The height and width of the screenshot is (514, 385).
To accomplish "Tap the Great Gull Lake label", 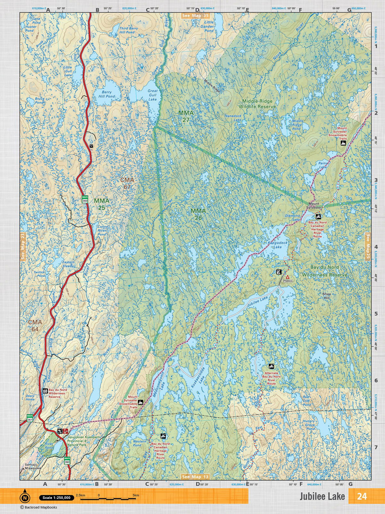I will pos(153,95).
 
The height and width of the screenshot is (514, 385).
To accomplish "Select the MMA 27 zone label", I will pos(186,116).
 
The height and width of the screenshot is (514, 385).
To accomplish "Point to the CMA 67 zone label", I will pos(127,183).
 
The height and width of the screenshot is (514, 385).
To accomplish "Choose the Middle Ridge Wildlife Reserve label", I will pos(257,103).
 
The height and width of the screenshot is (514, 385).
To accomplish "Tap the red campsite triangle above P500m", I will pos(287,277).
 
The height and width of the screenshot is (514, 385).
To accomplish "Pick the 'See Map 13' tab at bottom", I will pos(195,477).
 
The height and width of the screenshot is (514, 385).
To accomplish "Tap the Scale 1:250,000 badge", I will pos(56,498).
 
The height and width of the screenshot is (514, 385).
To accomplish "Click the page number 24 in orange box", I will pos(362,496).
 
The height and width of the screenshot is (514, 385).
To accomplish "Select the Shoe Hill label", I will pos(326,296).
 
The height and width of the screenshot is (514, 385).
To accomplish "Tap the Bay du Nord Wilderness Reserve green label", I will pos(324,271).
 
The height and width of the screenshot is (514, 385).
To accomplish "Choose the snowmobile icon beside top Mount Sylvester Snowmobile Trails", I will pos(343,143).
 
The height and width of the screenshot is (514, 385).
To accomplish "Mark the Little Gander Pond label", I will pos(207,26).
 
